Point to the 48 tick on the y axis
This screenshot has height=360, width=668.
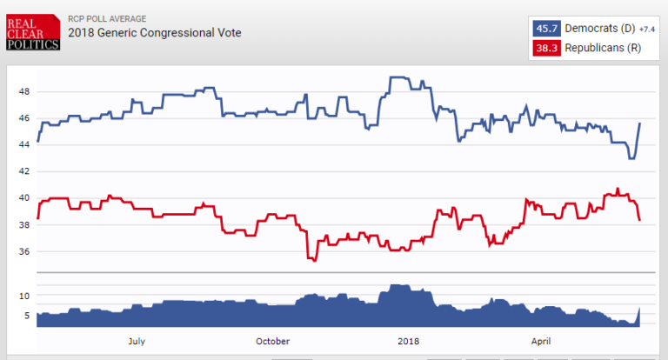pyautogui.click(x=24, y=91)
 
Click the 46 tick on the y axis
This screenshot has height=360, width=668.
pyautogui.click(x=24, y=118)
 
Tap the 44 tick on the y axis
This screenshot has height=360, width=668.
pyautogui.click(x=24, y=145)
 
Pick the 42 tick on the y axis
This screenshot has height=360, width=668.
pyautogui.click(x=24, y=172)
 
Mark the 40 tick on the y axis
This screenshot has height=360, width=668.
pyautogui.click(x=24, y=198)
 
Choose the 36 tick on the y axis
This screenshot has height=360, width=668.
pyautogui.click(x=24, y=252)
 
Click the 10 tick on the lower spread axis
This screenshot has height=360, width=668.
pyautogui.click(x=24, y=296)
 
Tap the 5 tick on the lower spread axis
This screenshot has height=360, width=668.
pyautogui.click(x=26, y=316)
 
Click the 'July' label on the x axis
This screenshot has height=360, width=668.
pyautogui.click(x=137, y=341)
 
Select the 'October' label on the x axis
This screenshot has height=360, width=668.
pyautogui.click(x=272, y=341)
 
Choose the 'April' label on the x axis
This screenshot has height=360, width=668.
pyautogui.click(x=542, y=341)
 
